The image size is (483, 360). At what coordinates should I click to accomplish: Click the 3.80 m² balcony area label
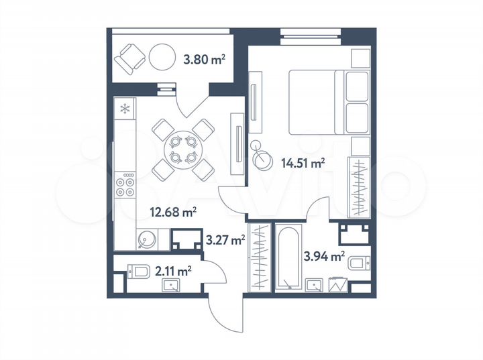pos(204,60)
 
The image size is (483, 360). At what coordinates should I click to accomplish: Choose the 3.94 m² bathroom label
pos(324,255)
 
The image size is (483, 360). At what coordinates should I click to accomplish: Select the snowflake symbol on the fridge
pos(124,109)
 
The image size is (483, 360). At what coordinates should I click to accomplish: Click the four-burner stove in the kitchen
pos(125,185)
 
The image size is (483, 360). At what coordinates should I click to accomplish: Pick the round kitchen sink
pos(146,237)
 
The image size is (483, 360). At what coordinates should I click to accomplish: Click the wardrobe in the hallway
pos(258,257)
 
